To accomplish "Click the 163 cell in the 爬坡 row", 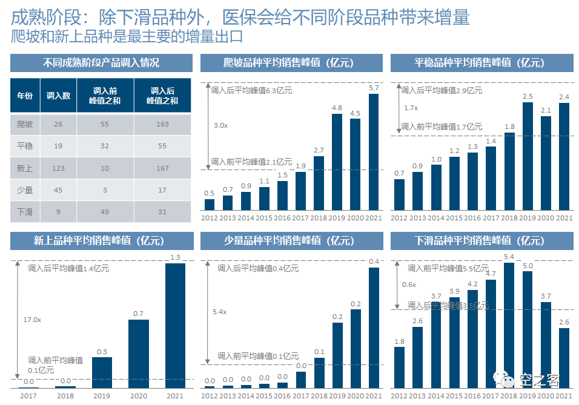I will [x=162, y=124].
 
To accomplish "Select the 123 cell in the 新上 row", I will [x=58, y=168].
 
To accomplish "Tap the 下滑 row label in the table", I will [x=25, y=211].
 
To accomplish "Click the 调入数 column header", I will [x=58, y=96].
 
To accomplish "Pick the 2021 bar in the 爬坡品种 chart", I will [x=374, y=151].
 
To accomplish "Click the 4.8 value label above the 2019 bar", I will [x=337, y=108].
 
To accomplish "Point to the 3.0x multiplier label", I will [x=220, y=125].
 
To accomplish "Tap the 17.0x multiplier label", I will [x=32, y=319].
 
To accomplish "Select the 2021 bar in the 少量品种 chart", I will [x=374, y=327].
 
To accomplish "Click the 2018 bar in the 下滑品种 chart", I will [x=509, y=324].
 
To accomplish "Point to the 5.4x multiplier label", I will [x=219, y=312].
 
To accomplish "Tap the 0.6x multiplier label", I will [x=409, y=285].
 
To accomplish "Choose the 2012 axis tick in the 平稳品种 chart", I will [x=399, y=218].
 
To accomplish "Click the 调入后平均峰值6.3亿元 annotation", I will [x=251, y=90].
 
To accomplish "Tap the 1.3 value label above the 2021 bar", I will [x=175, y=257].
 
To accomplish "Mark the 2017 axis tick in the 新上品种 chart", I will [x=28, y=396].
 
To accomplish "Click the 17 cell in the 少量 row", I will [x=162, y=189].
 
